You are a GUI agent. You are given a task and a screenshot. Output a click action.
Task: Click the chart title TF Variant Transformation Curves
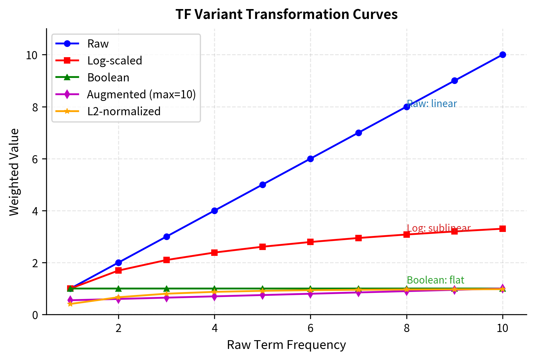[286, 14]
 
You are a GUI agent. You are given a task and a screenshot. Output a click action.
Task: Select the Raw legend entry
[98, 44]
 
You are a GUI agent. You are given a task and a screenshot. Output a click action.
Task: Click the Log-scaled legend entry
[114, 61]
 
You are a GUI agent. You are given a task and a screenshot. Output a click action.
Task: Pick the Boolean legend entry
[108, 78]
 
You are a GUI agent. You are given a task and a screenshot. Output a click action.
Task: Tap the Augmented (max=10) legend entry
[141, 95]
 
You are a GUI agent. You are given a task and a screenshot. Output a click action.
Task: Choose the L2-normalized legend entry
[124, 111]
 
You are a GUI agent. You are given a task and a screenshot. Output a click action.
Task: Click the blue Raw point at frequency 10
[502, 55]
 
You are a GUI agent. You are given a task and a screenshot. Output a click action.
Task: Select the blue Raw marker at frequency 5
[262, 185]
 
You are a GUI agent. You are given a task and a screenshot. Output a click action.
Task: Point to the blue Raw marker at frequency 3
[166, 237]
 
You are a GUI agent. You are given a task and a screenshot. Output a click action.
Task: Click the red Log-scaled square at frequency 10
[502, 229]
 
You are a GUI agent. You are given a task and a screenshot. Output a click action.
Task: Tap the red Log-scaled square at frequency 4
[214, 252]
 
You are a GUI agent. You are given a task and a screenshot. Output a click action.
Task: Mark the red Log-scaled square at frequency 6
[310, 242]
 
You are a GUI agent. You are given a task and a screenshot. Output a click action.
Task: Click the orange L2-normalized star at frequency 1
[70, 304]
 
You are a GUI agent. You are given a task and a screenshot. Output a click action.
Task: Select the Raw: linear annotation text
[432, 104]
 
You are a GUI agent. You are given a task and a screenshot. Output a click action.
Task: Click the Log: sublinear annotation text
[438, 228]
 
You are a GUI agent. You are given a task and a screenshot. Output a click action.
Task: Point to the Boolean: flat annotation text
[435, 280]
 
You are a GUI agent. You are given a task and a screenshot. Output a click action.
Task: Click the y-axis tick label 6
[35, 159]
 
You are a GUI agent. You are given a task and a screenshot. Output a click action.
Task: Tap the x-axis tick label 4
[214, 328]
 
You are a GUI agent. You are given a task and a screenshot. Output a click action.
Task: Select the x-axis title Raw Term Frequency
[286, 345]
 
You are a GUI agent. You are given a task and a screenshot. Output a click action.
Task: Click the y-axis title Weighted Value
[14, 172]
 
